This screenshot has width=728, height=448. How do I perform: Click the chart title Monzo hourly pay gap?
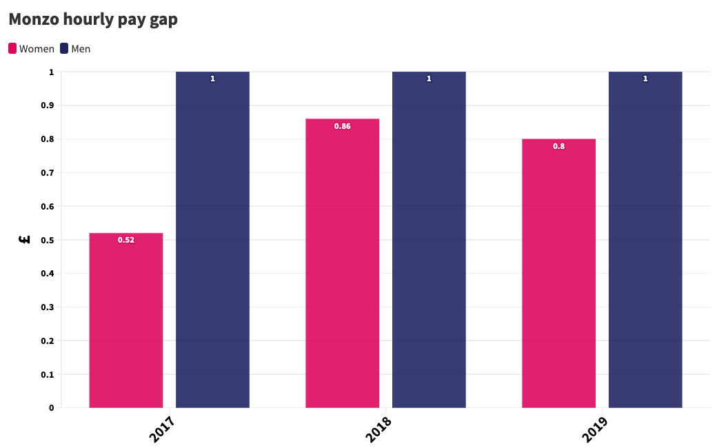pos(93,19)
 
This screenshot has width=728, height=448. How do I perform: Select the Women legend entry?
pos(31,49)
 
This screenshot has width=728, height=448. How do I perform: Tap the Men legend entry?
pos(75,49)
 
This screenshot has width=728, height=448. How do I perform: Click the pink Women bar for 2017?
pos(126,320)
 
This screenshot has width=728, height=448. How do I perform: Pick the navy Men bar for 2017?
pos(212,240)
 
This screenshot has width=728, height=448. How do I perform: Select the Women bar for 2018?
pos(342,263)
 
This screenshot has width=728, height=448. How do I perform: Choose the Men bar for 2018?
pos(429,240)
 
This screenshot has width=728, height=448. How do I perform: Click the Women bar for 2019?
pos(558,274)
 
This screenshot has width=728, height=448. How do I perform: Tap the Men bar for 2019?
pos(645,240)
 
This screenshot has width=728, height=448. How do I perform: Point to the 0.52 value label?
pos(126,240)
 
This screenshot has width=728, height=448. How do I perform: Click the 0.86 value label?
pos(342,126)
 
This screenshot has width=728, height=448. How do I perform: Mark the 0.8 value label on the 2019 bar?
pos(558,146)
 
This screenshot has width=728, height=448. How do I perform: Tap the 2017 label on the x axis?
pos(162,429)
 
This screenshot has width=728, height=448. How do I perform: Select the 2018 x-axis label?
pos(378,429)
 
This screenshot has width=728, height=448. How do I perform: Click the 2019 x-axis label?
pos(595,429)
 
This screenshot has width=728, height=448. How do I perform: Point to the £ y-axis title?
pos(25,240)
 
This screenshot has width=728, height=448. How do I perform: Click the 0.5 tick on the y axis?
pos(48,240)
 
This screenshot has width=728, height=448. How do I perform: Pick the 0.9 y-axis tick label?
pos(48,105)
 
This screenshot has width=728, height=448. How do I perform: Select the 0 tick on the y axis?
pos(52,407)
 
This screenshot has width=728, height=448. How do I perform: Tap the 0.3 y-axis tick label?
pos(48,307)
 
